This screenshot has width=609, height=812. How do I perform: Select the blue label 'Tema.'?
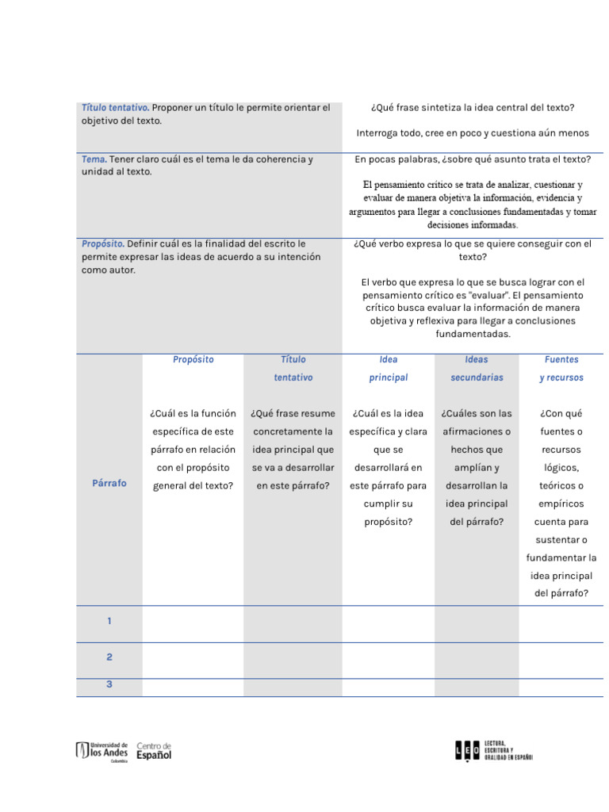coord(94,159)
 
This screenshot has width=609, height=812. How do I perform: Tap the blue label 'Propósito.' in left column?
coord(103,244)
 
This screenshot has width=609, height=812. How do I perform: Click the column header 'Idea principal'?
coord(389,369)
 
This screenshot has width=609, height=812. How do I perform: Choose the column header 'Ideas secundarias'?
coord(477,369)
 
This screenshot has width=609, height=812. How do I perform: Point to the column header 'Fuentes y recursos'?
coord(561,369)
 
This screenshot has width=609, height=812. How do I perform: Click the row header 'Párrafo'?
coord(109,483)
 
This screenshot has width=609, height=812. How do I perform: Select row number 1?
coord(109,622)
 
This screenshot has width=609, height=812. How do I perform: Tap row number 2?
coord(109,657)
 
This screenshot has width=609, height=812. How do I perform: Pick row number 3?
coord(109,684)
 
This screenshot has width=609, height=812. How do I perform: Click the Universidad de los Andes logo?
coord(101,751)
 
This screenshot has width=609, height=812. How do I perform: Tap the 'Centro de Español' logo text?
coord(154,751)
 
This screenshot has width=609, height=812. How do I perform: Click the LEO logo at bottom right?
coord(493,750)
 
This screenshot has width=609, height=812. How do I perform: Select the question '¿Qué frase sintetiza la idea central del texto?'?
coord(473,108)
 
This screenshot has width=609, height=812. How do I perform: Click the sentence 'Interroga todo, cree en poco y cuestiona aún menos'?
coord(473,133)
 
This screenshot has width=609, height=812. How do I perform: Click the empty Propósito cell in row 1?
coord(193,623)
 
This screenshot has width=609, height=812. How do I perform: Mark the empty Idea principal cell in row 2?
coord(389,660)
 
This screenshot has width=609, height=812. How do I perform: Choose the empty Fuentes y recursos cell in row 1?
coord(561,623)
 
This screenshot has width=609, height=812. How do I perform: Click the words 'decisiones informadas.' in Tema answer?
coord(473,225)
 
